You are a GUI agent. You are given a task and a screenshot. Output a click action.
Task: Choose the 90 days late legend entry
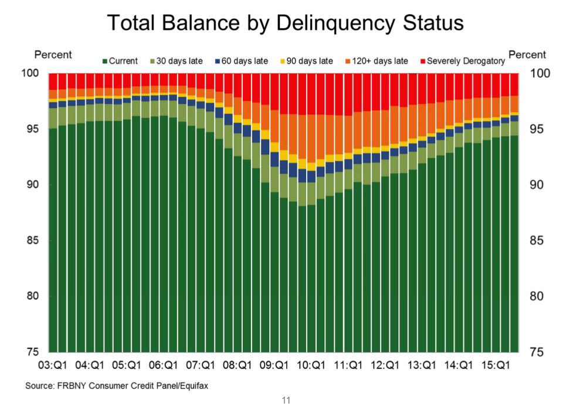pos(305,61)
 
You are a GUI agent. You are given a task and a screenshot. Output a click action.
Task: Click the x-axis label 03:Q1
pos(53,365)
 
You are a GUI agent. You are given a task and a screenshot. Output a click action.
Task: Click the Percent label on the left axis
pos(53,55)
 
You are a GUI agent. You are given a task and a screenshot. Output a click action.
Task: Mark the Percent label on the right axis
pos(527,55)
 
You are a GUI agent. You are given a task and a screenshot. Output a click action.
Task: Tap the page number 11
pos(286,401)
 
